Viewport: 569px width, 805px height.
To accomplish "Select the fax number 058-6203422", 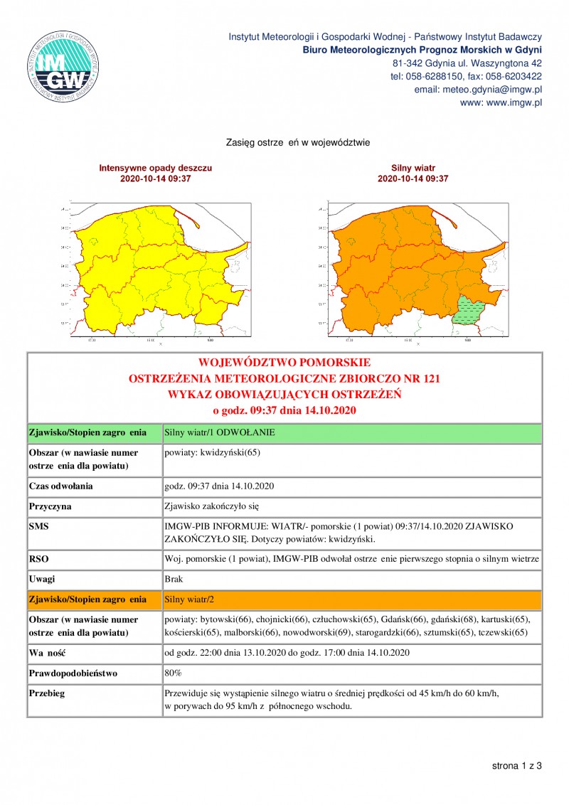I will coord(513,76).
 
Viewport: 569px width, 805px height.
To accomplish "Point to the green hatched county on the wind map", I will coord(470,309).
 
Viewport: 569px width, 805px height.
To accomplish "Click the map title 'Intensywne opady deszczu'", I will coord(156,168).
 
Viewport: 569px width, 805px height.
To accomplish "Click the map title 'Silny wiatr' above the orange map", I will coord(413,168).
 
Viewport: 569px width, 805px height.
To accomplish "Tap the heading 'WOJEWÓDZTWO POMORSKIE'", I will coord(284,363).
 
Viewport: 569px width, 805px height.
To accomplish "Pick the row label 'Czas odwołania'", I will coord(60,486).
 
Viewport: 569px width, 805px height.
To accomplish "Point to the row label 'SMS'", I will coord(38,526).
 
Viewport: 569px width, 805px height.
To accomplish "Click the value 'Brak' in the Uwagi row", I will coord(174,580).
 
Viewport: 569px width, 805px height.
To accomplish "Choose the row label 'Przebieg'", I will coord(47,693).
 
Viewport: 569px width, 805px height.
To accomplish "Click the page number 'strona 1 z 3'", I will coord(517,766).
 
